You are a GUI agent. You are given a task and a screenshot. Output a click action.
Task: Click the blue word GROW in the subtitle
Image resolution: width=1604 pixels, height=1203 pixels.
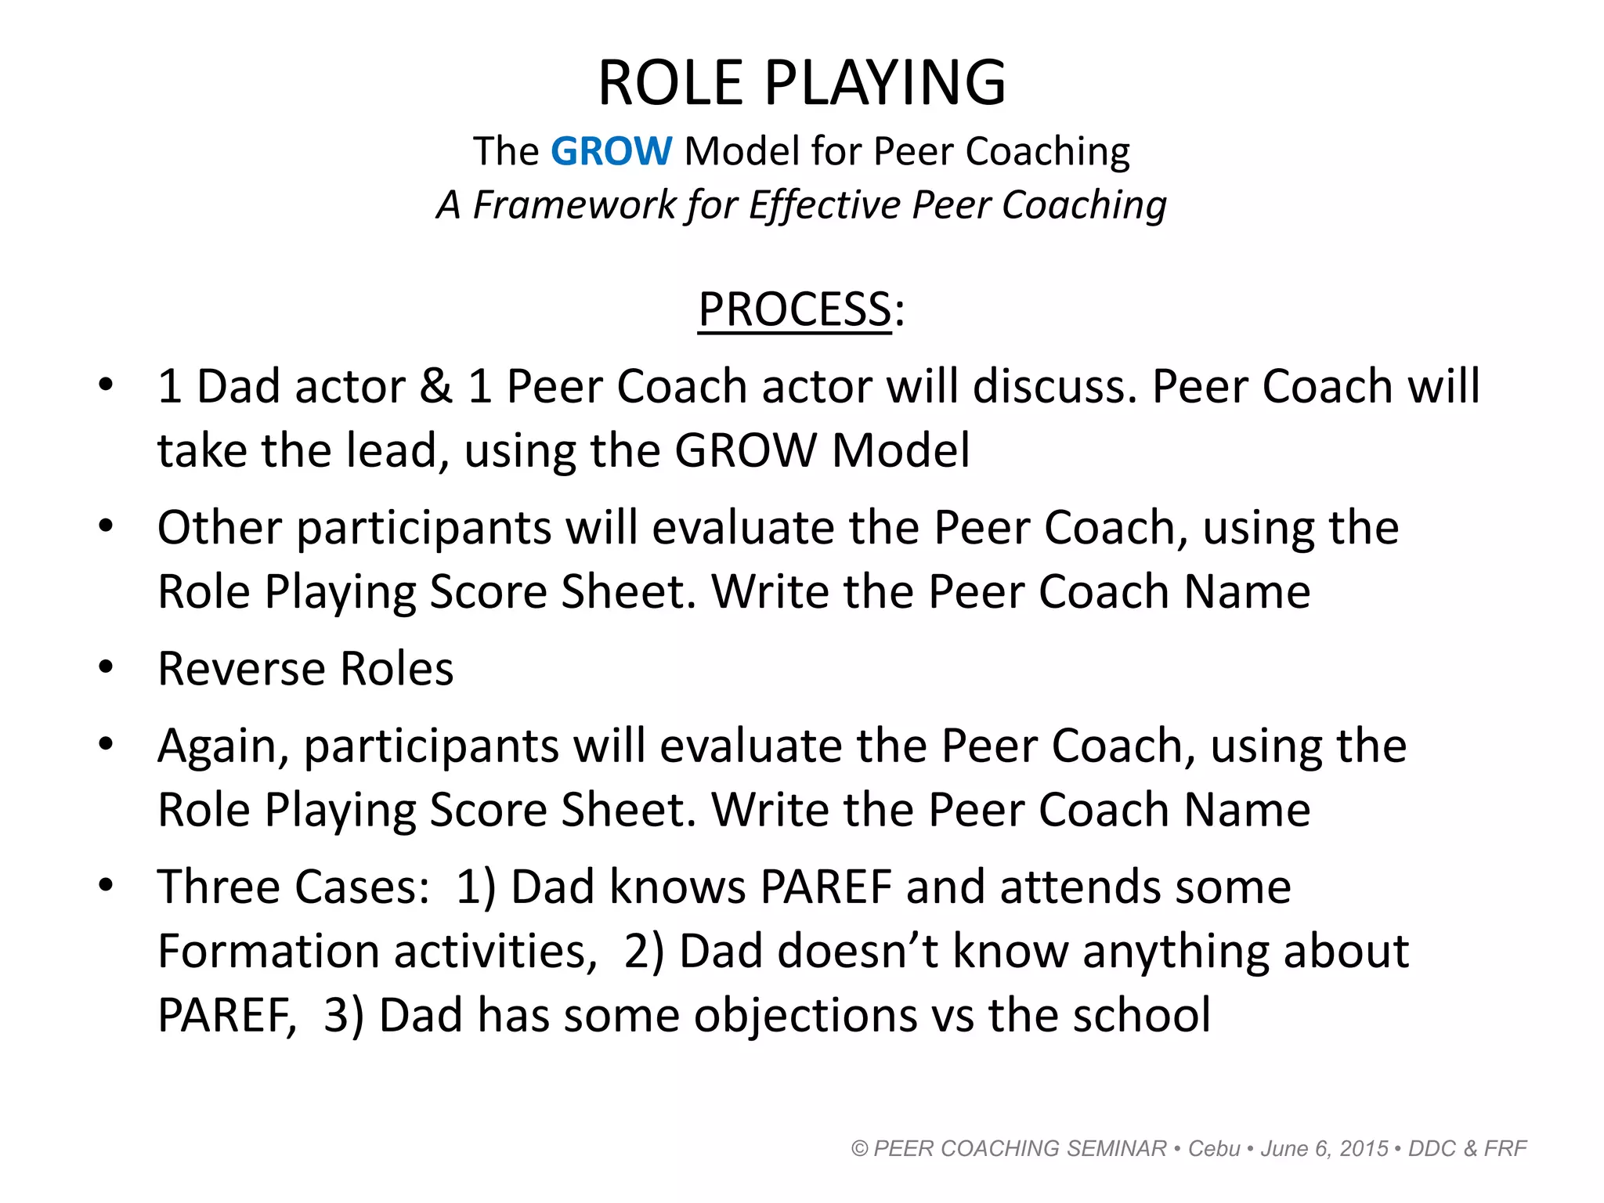[x=611, y=151]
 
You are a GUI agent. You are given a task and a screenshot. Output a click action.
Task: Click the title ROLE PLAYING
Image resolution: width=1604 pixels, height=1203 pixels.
[x=801, y=83]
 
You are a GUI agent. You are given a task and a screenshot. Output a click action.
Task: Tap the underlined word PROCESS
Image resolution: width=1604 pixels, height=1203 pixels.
[x=794, y=309]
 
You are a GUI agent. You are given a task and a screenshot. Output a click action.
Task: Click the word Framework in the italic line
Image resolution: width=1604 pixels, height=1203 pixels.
[x=575, y=205]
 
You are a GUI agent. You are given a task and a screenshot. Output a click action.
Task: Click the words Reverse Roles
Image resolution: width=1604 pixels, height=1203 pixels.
[x=305, y=669]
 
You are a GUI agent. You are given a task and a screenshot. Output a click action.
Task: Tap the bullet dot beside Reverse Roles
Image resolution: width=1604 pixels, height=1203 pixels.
[x=106, y=667]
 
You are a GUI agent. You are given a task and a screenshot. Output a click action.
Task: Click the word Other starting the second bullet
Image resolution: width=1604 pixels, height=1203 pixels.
[x=219, y=527]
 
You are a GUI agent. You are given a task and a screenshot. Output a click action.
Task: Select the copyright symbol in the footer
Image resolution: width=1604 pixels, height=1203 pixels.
[x=860, y=1149]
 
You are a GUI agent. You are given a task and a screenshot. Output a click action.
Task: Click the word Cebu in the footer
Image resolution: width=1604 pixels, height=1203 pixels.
[x=1214, y=1149]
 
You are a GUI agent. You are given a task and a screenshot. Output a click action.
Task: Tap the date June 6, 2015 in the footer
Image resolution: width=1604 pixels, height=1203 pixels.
[x=1324, y=1149]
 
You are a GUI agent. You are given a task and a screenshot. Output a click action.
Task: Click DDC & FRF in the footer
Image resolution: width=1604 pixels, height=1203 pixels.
[x=1467, y=1149]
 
